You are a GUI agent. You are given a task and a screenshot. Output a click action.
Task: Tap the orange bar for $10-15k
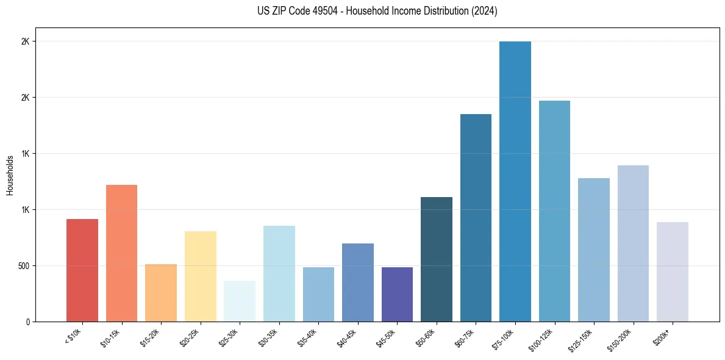point(121,253)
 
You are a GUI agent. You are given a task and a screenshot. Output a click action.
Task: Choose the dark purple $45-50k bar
point(397,294)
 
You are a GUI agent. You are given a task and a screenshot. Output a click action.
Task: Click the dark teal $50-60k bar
point(437,259)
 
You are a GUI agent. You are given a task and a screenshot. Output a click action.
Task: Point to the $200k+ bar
point(672,272)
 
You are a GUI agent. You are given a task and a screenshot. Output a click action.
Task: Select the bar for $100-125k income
point(554,211)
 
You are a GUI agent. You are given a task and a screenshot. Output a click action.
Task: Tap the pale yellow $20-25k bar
point(200,276)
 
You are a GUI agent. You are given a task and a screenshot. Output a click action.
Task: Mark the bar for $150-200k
point(633,243)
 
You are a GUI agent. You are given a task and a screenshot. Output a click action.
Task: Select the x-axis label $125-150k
point(584,337)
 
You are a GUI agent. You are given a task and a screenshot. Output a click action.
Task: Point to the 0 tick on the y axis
point(27,322)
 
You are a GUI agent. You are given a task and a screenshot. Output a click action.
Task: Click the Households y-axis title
point(10,175)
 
